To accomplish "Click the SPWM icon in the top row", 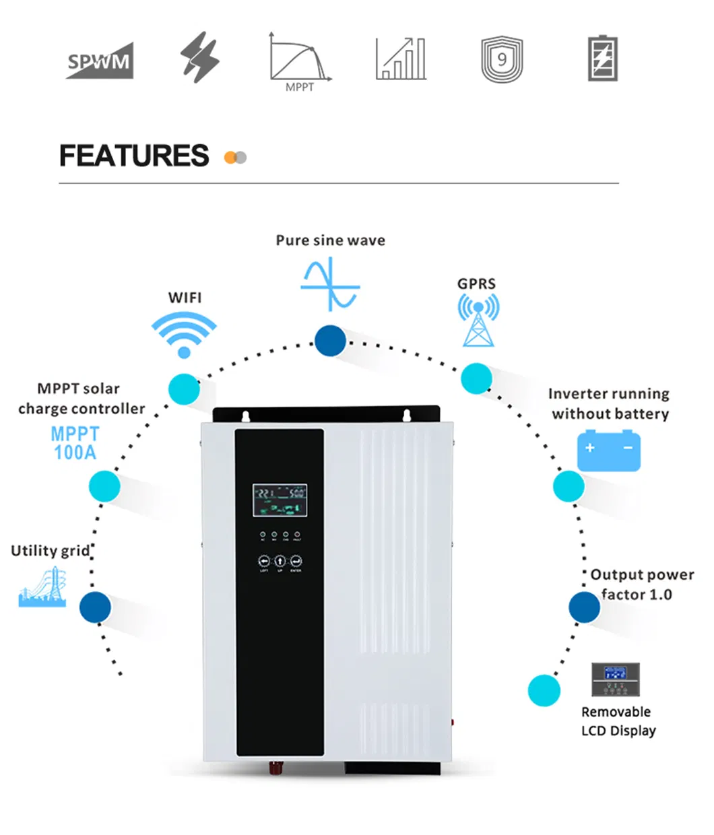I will pyautogui.click(x=100, y=61).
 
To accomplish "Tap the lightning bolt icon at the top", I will pyautogui.click(x=200, y=58).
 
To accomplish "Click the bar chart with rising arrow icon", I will pyautogui.click(x=401, y=59).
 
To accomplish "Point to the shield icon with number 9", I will pyautogui.click(x=502, y=60).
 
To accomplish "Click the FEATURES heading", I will pyautogui.click(x=134, y=156).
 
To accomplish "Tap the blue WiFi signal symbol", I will pyautogui.click(x=184, y=334).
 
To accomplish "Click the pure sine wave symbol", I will pyautogui.click(x=330, y=284).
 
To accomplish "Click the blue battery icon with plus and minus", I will pyautogui.click(x=608, y=450).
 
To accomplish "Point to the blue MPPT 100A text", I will pyautogui.click(x=75, y=443).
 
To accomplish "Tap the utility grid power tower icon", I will pyautogui.click(x=43, y=587).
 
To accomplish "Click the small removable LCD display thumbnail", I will pyautogui.click(x=615, y=679).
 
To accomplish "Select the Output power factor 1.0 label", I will pyautogui.click(x=641, y=584).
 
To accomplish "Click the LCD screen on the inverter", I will pyautogui.click(x=280, y=500).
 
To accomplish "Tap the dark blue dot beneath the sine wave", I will pyautogui.click(x=330, y=341).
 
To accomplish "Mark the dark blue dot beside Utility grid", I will pyautogui.click(x=95, y=607).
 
